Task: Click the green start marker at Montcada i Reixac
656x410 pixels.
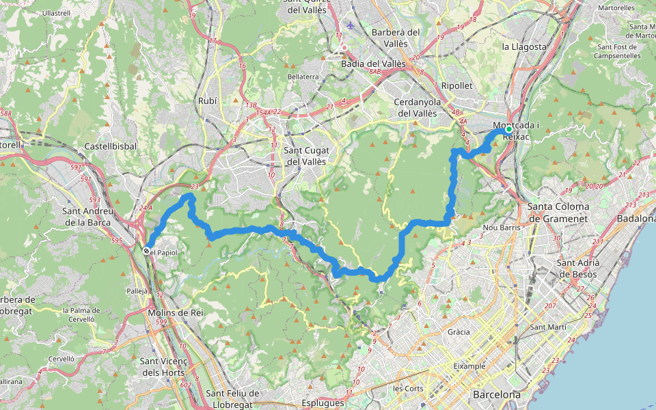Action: [508, 128]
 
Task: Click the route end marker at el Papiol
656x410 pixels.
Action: [146, 251]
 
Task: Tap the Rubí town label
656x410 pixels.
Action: [207, 100]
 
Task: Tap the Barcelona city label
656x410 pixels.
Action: [496, 395]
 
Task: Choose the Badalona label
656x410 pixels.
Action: [636, 219]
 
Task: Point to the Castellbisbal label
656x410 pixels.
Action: [111, 146]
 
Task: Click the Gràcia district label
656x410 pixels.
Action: [459, 332]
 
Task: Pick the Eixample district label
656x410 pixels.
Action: [469, 366]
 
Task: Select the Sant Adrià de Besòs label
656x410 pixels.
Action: [577, 269]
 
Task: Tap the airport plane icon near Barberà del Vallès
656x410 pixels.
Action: [351, 25]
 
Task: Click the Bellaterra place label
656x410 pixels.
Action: [303, 77]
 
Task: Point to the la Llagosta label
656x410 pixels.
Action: [524, 46]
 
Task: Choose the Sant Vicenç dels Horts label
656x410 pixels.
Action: [167, 366]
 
